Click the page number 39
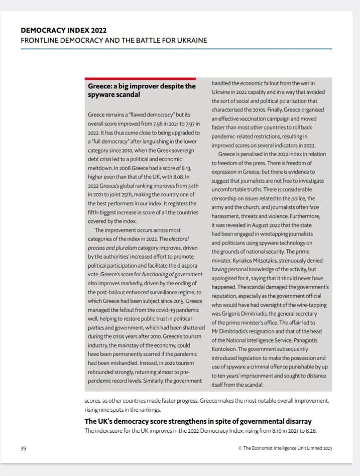pyautogui.click(x=23, y=448)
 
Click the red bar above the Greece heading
pyautogui.click(x=140, y=78)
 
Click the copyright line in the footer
pyautogui.click(x=285, y=448)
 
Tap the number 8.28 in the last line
pyautogui.click(x=309, y=431)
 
